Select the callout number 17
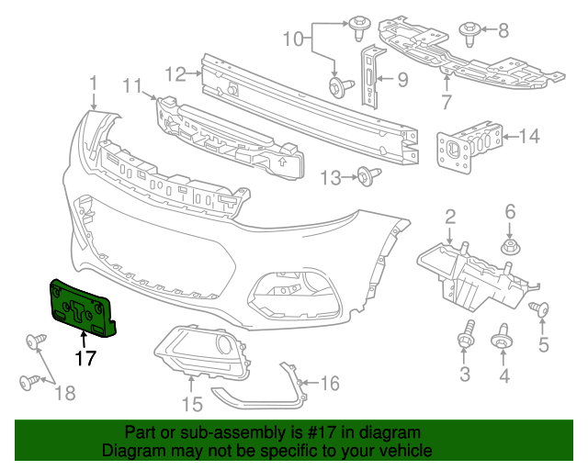85,359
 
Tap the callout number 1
94,85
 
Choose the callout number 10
292,39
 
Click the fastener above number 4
503,338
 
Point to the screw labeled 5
541,312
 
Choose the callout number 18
65,394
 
